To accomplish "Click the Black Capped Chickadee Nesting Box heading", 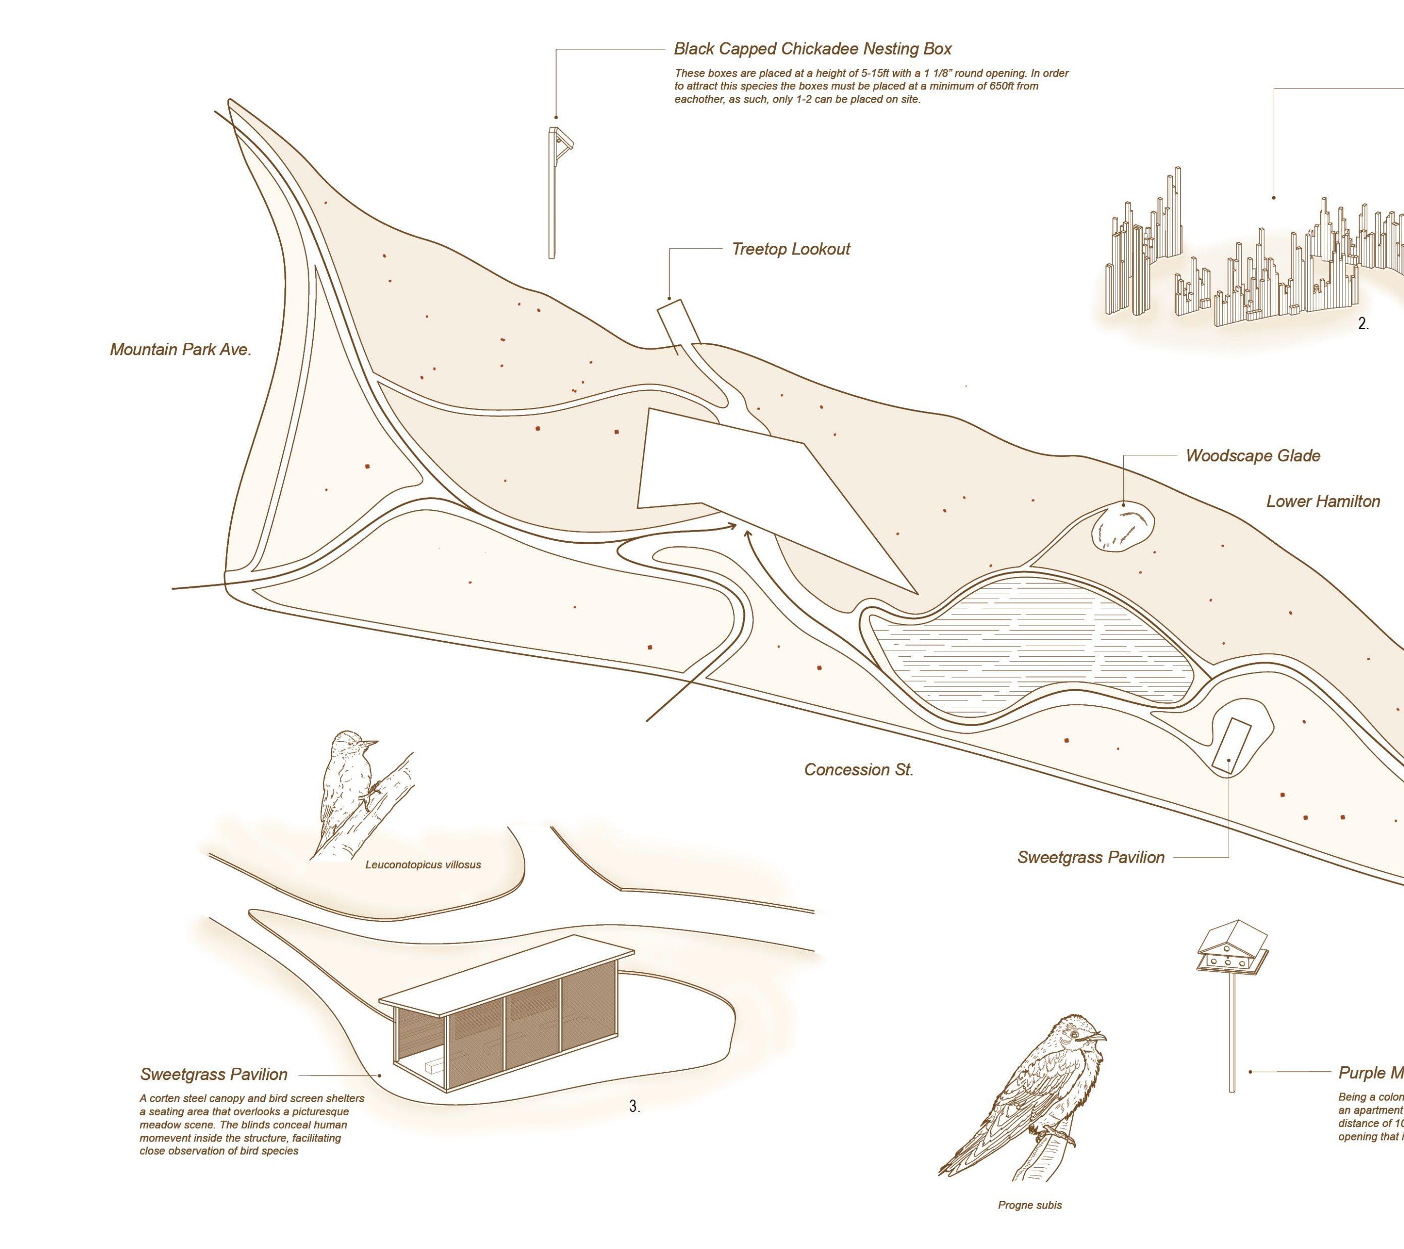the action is click(813, 49).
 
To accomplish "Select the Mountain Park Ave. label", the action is click(181, 349).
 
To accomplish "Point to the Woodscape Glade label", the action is click(1253, 456).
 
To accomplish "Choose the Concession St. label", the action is click(859, 770).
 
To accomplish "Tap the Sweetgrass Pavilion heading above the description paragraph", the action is click(214, 1074).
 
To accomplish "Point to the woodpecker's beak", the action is click(371, 743).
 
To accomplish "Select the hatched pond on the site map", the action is click(1030, 652).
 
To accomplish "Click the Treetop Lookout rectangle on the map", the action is click(675, 323).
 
